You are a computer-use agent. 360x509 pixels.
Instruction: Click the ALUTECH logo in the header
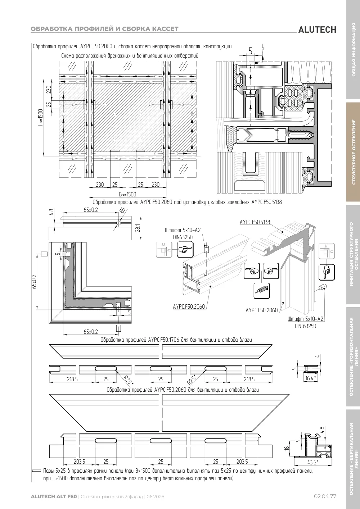[317, 30]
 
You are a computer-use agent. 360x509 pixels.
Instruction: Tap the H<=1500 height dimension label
[40, 118]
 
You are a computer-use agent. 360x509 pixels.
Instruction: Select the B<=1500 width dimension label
[127, 195]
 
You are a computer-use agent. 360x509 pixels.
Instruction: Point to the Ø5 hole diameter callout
[122, 211]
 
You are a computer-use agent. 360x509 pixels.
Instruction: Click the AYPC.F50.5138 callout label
[255, 222]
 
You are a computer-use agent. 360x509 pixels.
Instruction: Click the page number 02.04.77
[325, 496]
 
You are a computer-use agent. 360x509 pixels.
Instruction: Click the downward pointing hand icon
[327, 272]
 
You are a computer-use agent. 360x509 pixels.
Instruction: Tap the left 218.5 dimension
[72, 379]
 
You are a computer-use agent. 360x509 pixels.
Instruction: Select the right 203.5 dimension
[242, 462]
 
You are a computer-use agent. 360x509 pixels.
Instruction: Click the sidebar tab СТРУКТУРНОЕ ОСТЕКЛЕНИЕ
[354, 152]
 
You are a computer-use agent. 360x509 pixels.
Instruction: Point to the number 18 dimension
[287, 448]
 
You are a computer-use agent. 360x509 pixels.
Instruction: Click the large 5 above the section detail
[251, 51]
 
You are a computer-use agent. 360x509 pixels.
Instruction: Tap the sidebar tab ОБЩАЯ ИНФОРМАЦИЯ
[354, 50]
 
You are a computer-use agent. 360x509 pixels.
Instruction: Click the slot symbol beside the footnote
[37, 471]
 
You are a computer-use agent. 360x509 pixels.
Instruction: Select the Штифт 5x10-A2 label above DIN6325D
[183, 230]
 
